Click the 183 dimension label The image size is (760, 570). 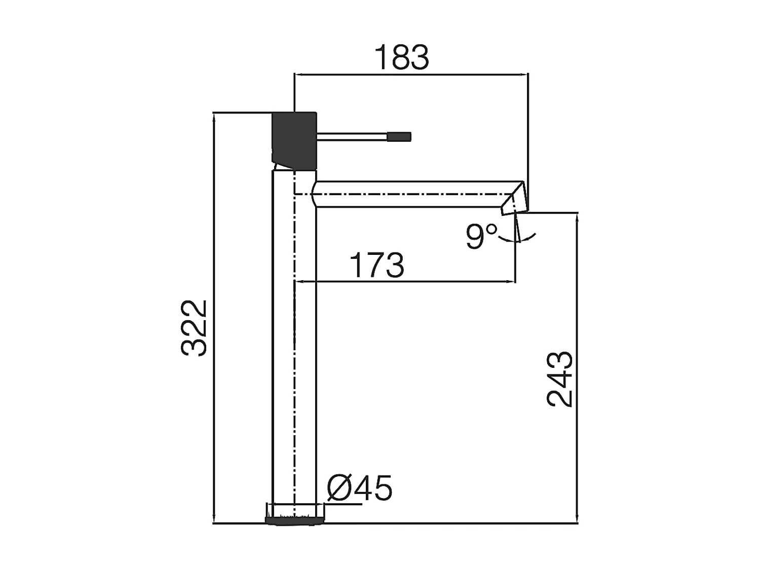[401, 57]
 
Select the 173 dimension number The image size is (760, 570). [377, 265]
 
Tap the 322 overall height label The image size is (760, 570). [195, 328]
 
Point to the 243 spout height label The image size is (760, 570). [560, 379]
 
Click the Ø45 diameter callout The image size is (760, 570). [360, 488]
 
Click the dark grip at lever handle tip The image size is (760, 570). [399, 136]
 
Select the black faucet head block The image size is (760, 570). [294, 139]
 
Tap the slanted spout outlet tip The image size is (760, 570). [515, 200]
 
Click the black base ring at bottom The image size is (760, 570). [294, 519]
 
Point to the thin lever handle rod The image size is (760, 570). [352, 136]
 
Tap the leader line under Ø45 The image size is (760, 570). [345, 504]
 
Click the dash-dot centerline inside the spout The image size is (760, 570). [405, 194]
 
